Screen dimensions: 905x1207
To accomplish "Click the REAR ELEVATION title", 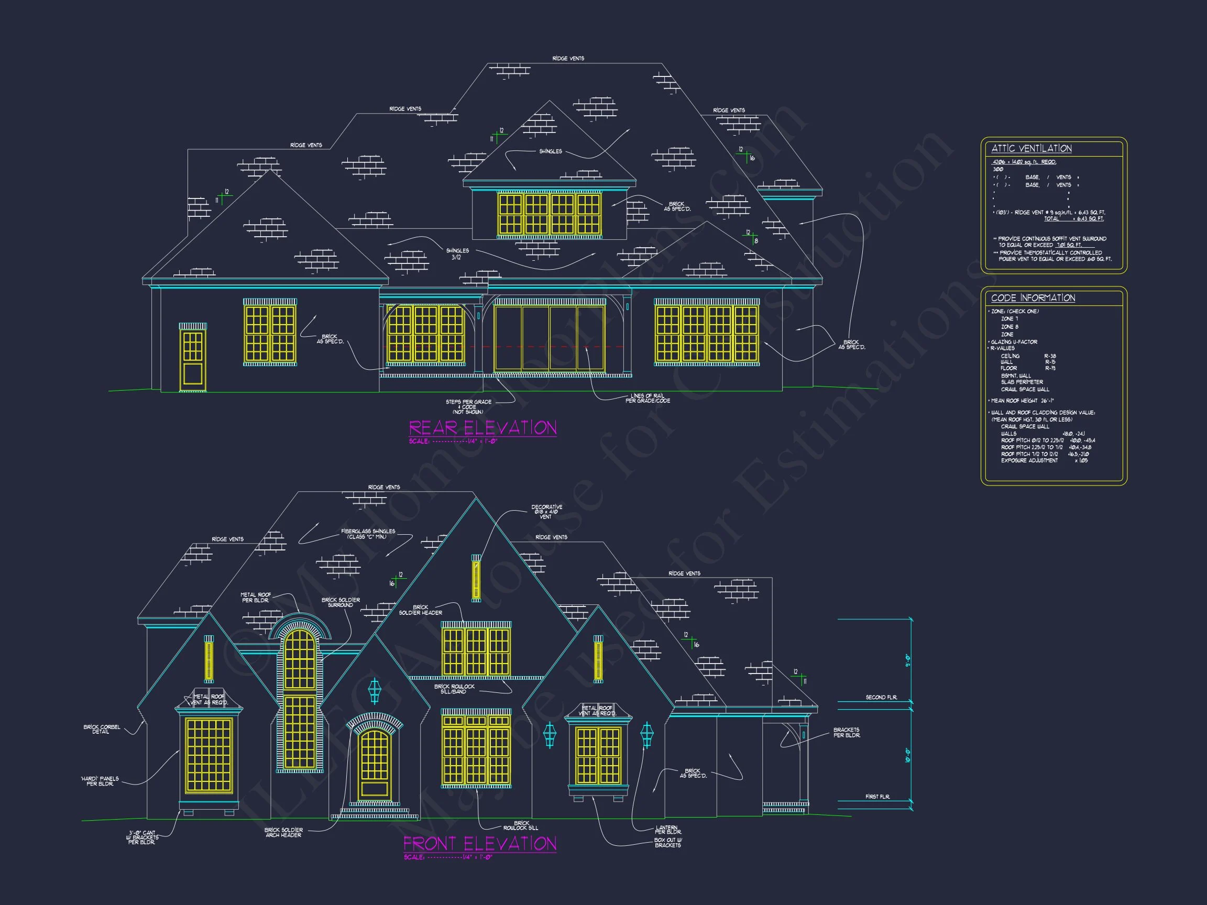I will click(482, 428).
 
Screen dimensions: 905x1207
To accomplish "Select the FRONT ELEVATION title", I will click(480, 843).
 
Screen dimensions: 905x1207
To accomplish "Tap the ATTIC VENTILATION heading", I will click(1031, 148).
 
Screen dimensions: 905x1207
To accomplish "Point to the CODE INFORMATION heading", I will click(1033, 298).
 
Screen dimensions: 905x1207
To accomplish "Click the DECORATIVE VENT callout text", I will click(546, 512).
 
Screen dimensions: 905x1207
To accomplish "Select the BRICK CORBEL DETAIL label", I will click(102, 730).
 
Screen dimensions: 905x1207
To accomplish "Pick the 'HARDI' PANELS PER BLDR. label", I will click(100, 781).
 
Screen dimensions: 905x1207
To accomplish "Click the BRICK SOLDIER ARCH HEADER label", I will click(283, 832).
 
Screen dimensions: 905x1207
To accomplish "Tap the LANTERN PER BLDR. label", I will click(667, 830).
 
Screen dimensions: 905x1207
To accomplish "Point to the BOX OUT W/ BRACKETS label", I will click(667, 842).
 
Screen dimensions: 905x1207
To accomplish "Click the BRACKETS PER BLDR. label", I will click(847, 732).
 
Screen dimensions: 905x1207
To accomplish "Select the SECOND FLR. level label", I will click(881, 697).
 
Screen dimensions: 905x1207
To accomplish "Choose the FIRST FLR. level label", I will click(877, 797).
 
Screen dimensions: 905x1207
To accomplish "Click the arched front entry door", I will click(375, 765).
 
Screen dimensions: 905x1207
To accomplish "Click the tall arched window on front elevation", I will click(300, 698).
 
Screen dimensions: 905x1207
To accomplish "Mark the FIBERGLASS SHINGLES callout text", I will click(368, 534).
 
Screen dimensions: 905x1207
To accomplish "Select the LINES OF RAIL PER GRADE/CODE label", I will click(647, 398).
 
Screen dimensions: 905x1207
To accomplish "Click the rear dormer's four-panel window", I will click(549, 214).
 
